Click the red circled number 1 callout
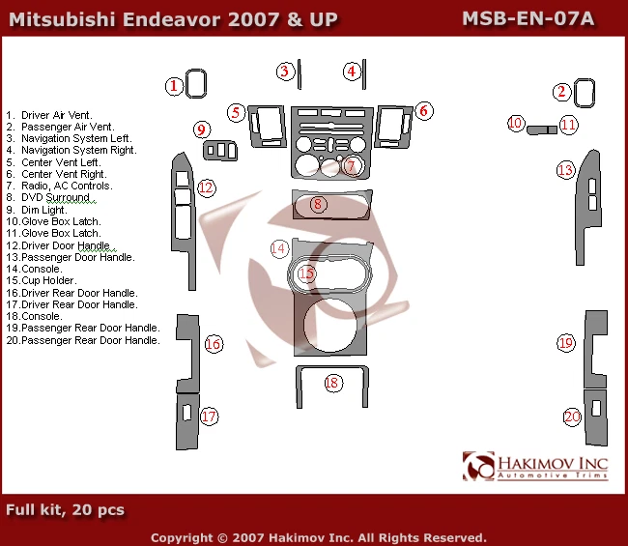(173, 86)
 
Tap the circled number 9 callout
(202, 129)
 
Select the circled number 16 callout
(213, 344)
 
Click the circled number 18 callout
(332, 383)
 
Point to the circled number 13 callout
(565, 170)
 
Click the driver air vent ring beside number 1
(196, 85)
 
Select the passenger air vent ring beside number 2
(585, 92)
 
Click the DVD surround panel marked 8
(330, 205)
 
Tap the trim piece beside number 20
(595, 417)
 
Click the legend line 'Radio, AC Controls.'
(66, 186)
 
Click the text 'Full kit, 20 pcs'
(65, 509)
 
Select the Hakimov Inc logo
(535, 466)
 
